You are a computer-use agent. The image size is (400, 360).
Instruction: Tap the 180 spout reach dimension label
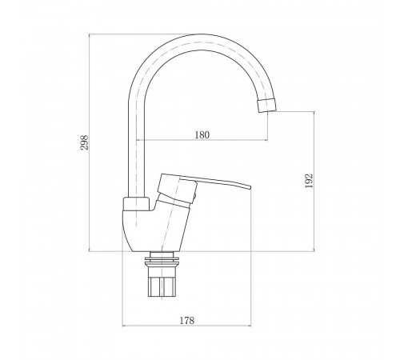pos(202,135)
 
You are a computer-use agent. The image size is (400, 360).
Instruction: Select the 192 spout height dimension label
pos(309,181)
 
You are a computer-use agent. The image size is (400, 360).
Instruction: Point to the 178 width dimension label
pos(186,320)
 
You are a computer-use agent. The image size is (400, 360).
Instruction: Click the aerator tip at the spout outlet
pos(267,106)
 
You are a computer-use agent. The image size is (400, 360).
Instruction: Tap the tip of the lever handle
pos(250,186)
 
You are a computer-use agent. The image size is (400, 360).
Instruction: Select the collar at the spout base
pos(136,204)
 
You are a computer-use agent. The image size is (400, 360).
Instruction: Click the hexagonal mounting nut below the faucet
pos(162,286)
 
